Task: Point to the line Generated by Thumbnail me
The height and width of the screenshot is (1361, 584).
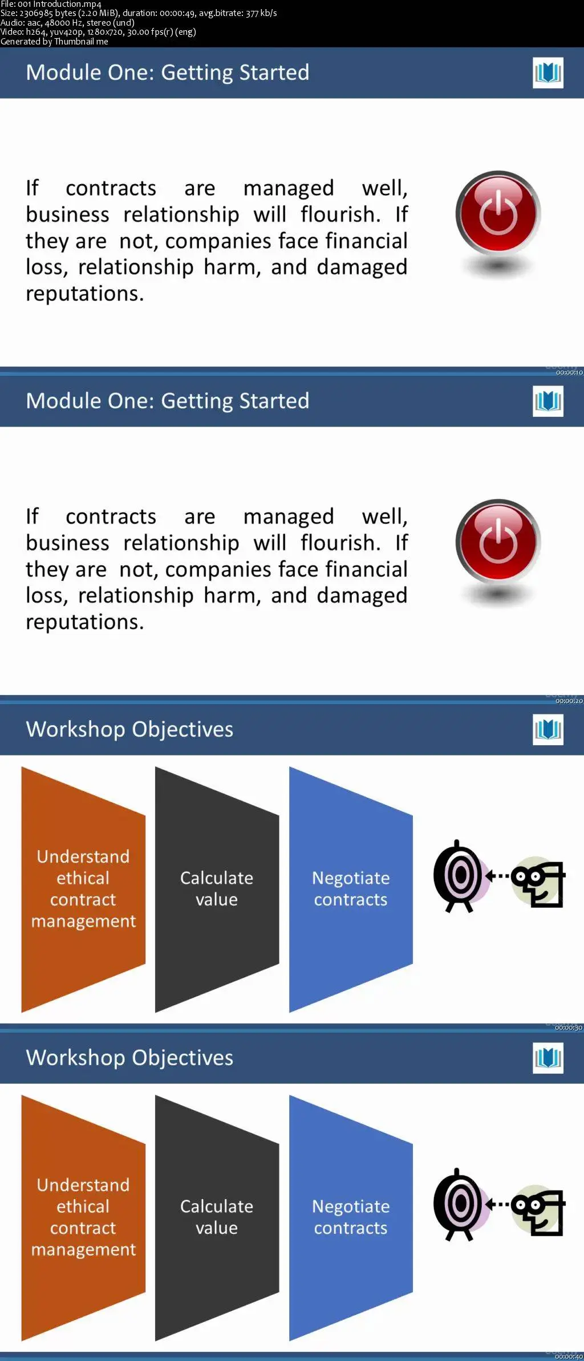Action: tap(54, 42)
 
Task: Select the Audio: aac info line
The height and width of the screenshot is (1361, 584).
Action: tap(67, 23)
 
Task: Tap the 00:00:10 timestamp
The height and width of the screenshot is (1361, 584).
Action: tap(569, 372)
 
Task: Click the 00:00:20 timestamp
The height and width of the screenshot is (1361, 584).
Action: tap(569, 701)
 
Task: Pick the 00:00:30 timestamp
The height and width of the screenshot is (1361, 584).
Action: tap(569, 1027)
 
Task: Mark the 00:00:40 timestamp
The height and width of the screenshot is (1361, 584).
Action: tap(569, 1356)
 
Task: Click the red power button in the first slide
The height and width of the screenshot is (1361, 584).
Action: tap(498, 212)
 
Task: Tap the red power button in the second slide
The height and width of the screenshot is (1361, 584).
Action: tap(498, 541)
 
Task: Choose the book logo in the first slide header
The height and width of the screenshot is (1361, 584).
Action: tap(548, 73)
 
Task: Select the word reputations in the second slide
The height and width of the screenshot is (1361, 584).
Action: tap(84, 622)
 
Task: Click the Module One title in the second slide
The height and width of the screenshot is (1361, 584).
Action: tap(168, 401)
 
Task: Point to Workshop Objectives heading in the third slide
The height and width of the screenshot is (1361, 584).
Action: tap(130, 729)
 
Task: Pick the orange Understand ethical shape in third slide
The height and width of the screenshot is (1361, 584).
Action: tap(83, 889)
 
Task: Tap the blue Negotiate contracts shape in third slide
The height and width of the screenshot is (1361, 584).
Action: tap(351, 889)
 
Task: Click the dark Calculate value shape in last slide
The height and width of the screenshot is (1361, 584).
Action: tap(217, 1218)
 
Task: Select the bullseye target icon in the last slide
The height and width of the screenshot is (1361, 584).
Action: tap(459, 1204)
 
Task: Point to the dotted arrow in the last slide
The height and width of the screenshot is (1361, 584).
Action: tap(498, 1203)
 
